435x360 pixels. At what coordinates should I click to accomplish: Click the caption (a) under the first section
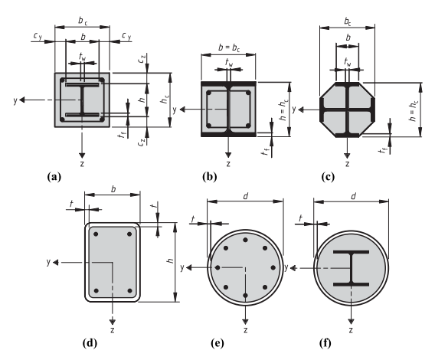54,177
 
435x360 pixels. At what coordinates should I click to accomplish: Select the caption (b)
209,177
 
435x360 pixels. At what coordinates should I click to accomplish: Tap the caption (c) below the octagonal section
328,177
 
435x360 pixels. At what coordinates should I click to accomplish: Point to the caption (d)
90,343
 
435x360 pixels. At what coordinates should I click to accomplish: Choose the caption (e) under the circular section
217,343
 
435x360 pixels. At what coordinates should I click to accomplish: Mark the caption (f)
325,343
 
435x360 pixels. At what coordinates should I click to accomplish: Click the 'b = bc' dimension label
229,47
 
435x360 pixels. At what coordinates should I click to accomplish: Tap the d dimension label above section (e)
246,196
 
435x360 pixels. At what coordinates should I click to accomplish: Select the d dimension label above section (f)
353,196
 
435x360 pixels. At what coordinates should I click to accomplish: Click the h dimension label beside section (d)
170,260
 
